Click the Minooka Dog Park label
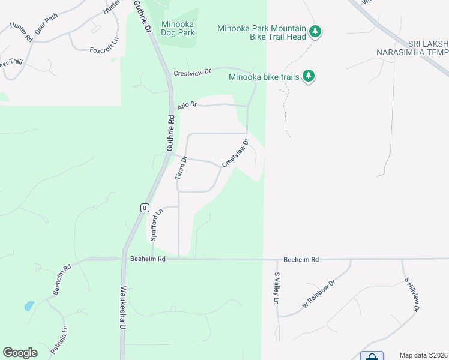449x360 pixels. point(178,28)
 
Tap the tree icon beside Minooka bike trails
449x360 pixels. point(309,76)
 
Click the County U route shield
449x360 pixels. point(145,208)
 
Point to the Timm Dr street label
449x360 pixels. point(181,168)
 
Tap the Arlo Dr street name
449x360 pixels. point(187,106)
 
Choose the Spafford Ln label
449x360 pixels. point(157,224)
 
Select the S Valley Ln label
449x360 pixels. point(277,287)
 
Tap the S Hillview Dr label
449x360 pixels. point(411,295)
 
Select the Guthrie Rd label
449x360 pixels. point(170,133)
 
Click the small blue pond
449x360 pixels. point(29,306)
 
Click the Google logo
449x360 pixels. point(20,353)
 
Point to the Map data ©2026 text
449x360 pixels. point(424,355)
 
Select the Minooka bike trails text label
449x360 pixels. point(264,76)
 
